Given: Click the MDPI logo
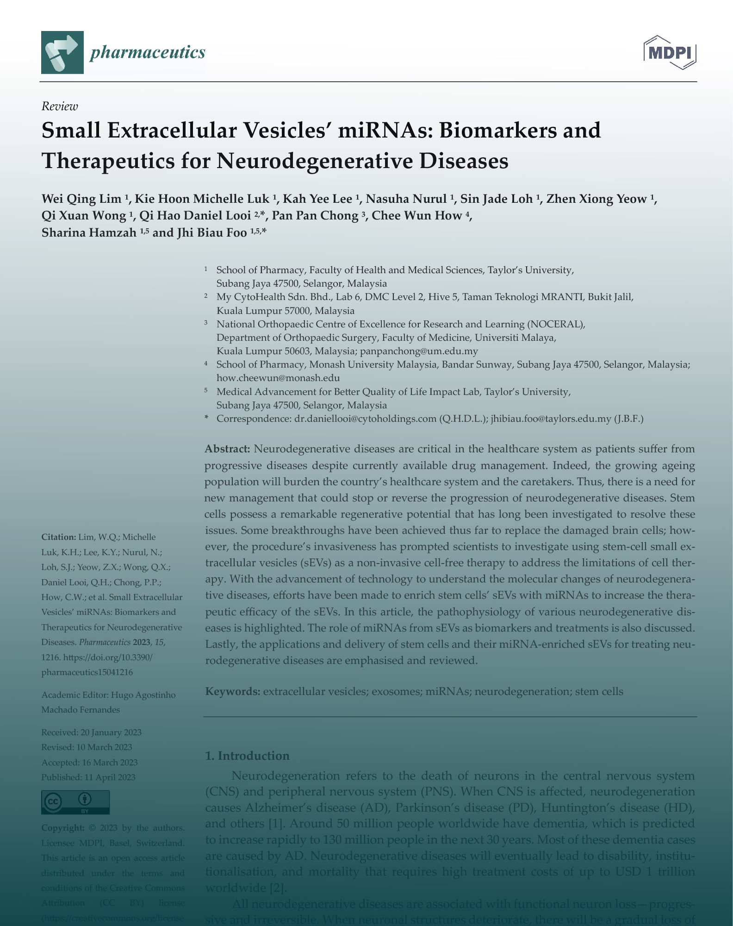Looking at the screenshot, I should click(x=670, y=52).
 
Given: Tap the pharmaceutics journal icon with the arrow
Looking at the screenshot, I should click(x=62, y=52).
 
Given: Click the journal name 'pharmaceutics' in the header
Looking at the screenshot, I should click(x=148, y=52).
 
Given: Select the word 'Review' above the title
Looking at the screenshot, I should click(x=60, y=106).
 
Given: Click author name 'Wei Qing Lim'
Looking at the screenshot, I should click(x=81, y=199).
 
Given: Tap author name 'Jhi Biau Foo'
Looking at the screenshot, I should click(x=211, y=232).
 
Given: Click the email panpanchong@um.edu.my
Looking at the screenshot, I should click(x=419, y=351).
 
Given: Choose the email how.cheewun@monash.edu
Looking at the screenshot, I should click(x=278, y=378).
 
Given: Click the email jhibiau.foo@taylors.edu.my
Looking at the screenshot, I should click(x=551, y=419).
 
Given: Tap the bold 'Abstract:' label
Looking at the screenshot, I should click(x=227, y=449).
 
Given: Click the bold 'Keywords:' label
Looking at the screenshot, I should click(x=232, y=691).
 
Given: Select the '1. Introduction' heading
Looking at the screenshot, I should click(x=247, y=756).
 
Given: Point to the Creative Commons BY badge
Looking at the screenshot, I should click(x=75, y=801).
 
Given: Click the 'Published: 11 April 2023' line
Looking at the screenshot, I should click(x=88, y=777).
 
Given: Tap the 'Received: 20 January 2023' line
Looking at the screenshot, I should click(x=91, y=732).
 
